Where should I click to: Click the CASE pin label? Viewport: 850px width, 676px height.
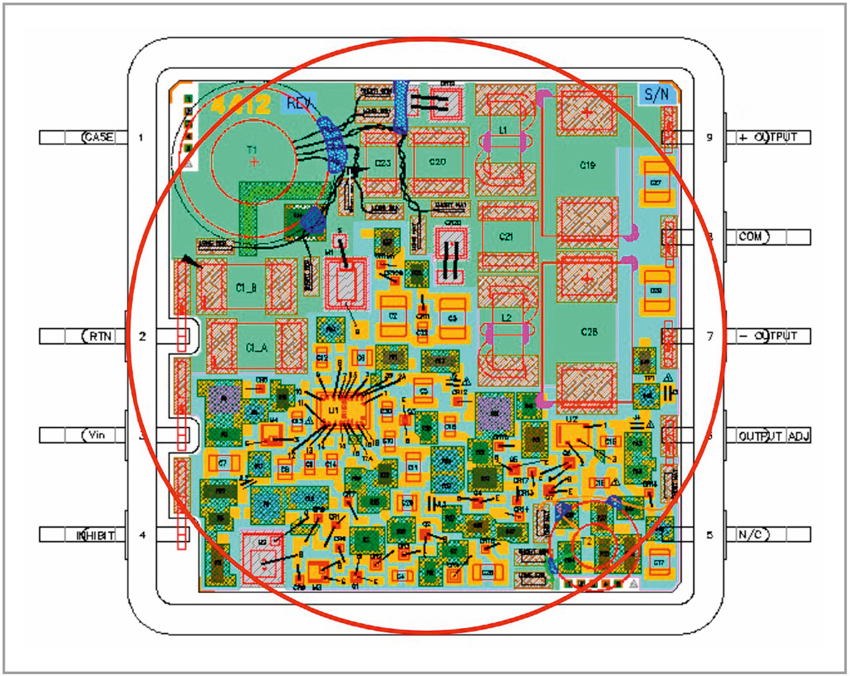pyautogui.click(x=98, y=137)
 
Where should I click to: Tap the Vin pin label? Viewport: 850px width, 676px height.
pyautogui.click(x=97, y=435)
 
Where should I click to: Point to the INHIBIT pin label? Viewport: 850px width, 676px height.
pyautogui.click(x=96, y=535)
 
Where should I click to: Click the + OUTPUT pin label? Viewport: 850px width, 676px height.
pyautogui.click(x=768, y=137)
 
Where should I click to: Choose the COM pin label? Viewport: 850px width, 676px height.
pyautogui.click(x=751, y=237)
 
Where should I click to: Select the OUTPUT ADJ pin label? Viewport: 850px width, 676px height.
pyautogui.click(x=774, y=436)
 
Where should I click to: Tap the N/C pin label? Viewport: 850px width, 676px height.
pyautogui.click(x=752, y=535)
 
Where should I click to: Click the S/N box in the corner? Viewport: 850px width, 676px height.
pyautogui.click(x=657, y=94)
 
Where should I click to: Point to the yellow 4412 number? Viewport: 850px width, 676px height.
pyautogui.click(x=241, y=105)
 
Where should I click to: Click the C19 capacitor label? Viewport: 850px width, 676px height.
pyautogui.click(x=587, y=165)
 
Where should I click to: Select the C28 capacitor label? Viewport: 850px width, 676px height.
pyautogui.click(x=589, y=331)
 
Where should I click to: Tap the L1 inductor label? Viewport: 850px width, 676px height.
pyautogui.click(x=503, y=130)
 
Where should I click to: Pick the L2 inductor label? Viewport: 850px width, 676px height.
pyautogui.click(x=506, y=317)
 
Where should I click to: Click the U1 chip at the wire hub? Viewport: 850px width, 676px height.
pyautogui.click(x=334, y=410)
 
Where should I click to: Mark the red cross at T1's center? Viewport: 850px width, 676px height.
pyautogui.click(x=255, y=161)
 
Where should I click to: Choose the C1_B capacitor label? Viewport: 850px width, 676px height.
pyautogui.click(x=246, y=288)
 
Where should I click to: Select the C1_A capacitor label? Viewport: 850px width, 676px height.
pyautogui.click(x=257, y=348)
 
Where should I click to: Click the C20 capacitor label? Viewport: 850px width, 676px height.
pyautogui.click(x=437, y=162)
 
